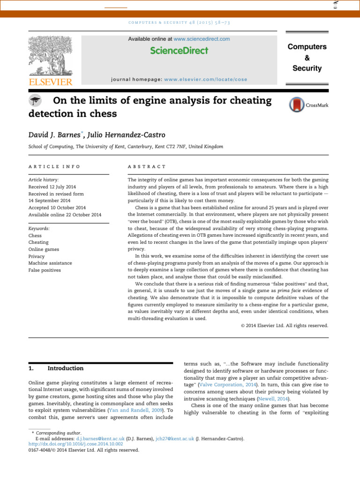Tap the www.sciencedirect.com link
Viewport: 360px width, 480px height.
(x=202, y=39)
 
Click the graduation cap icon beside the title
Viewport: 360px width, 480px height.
(x=36, y=101)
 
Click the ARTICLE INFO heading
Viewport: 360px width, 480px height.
(x=54, y=167)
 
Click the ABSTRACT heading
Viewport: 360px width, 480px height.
(x=147, y=167)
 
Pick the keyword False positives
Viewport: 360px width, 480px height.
(x=45, y=270)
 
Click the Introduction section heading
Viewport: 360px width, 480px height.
(x=66, y=368)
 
